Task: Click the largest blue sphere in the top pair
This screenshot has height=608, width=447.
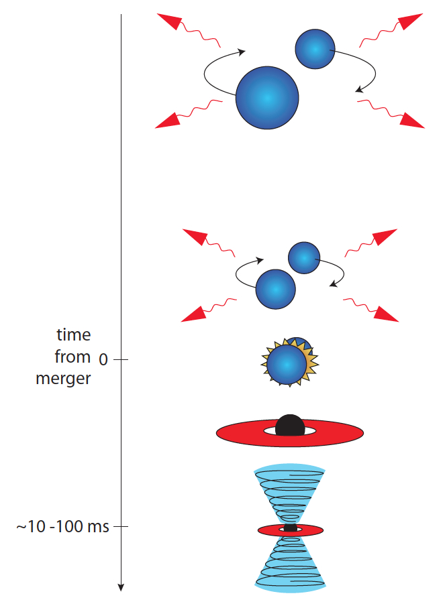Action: (x=267, y=97)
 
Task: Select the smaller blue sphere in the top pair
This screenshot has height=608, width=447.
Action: (x=315, y=48)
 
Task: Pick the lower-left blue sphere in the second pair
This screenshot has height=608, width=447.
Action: (x=275, y=289)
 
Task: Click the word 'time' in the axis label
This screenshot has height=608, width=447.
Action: (x=73, y=335)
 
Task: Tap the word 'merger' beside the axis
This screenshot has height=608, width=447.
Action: (x=62, y=378)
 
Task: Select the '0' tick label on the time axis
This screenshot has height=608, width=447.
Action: (x=103, y=360)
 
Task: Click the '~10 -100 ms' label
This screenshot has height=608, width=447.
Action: (x=62, y=526)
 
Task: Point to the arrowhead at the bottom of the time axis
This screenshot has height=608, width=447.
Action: (x=121, y=587)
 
